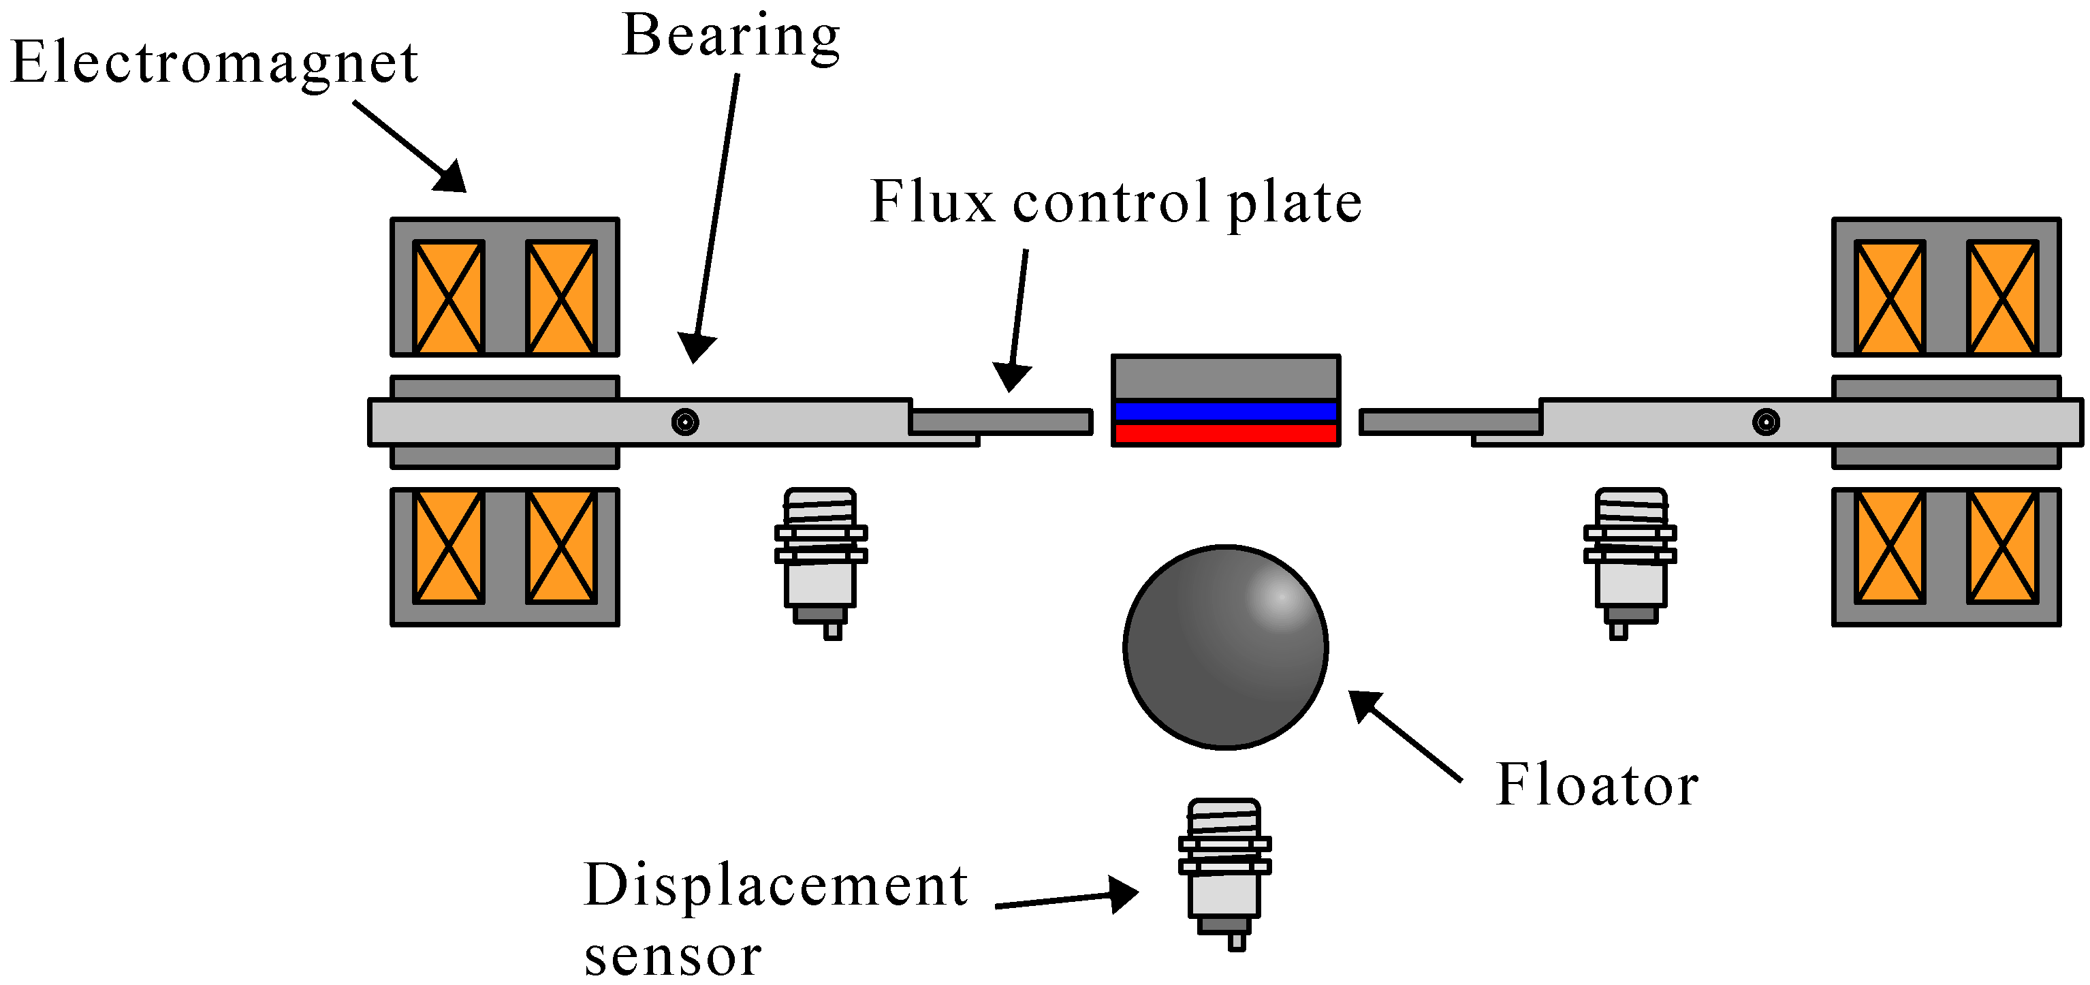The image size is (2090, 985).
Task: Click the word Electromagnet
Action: coord(215,63)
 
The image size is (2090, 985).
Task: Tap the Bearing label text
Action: coord(730,37)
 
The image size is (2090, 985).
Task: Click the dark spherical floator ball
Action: coord(1224,646)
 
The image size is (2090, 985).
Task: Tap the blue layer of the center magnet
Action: coord(1225,411)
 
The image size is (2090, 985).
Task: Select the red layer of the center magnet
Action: coord(1225,433)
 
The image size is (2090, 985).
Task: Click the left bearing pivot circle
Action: coord(685,422)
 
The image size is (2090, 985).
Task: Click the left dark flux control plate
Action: coord(1000,422)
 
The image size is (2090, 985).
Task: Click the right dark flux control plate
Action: coord(1450,422)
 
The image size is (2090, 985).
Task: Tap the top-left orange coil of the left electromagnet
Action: coord(449,297)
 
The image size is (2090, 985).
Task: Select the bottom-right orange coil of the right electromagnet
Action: coord(2001,547)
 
